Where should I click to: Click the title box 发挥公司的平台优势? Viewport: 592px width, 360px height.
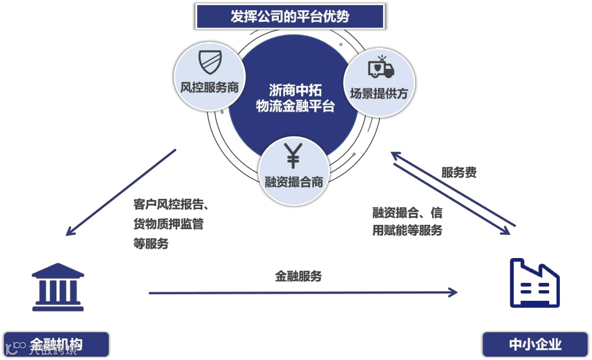pos(290,16)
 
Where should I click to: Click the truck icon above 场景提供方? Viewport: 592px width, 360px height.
pos(381,66)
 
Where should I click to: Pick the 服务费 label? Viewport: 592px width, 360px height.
pos(459,172)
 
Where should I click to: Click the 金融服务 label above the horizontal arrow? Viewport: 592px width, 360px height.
pos(298,276)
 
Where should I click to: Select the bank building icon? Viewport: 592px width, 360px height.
pos(58,287)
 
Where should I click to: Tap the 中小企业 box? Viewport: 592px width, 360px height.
pos(535,344)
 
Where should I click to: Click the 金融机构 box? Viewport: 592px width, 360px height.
pos(56,344)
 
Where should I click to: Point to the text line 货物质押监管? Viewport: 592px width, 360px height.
pos(168,224)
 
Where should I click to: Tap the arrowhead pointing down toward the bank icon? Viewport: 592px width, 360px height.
pos(70,231)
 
